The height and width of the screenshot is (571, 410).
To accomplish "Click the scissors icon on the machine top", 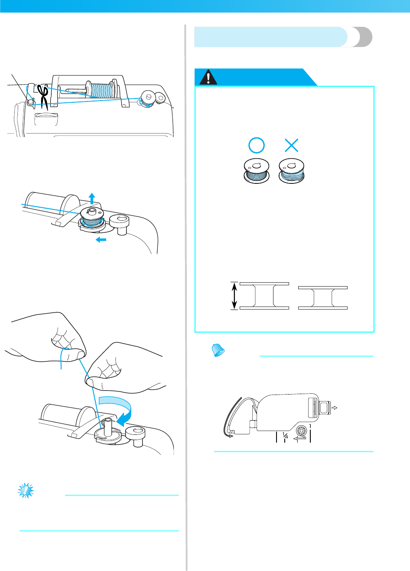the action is coord(43,95).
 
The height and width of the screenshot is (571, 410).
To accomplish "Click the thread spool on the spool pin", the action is coord(101,90).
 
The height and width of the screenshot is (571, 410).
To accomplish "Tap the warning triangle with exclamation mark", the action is coord(208,78).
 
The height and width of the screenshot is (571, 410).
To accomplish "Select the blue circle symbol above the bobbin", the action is coord(257,145).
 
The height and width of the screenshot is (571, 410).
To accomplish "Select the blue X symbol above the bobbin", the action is coord(292,145).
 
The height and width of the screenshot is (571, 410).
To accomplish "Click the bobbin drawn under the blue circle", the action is coord(256,170).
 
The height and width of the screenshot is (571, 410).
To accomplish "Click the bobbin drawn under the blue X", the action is coord(292,170).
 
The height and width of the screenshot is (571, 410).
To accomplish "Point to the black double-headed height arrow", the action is coord(234,296).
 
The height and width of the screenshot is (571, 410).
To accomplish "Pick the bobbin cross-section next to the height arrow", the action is coord(264,296).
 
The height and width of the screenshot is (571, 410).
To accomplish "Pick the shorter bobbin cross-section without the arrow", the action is coord(323,297).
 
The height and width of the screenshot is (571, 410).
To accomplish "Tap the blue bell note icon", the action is coord(218,350).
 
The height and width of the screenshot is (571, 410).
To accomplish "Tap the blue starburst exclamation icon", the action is coord(26,490).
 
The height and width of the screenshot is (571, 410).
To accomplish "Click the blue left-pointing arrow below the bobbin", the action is coord(101,239).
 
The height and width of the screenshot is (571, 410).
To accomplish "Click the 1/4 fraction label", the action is coord(285,436).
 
